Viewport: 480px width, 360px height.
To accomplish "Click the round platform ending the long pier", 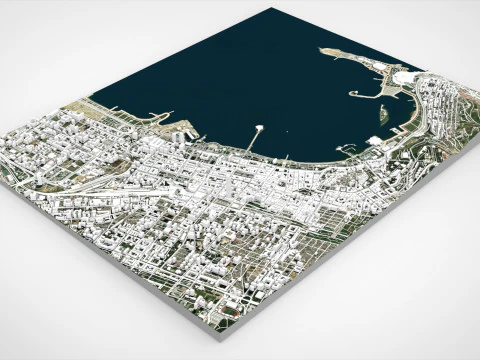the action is click(x=260, y=127).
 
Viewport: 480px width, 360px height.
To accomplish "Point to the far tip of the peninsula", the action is click(x=322, y=50).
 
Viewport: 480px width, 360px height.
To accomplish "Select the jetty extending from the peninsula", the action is click(x=364, y=94).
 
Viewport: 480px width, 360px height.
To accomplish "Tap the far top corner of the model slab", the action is click(x=270, y=9).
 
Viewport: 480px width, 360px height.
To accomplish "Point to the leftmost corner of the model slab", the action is click(x=6, y=130).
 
